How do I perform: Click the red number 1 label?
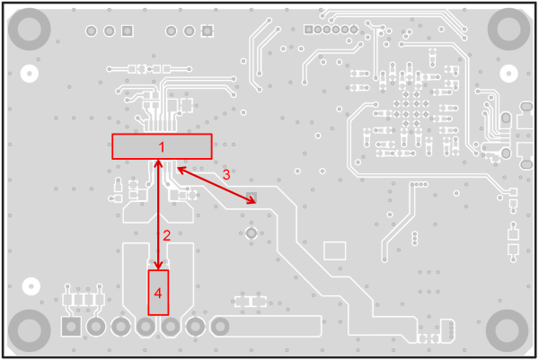tap(162, 145)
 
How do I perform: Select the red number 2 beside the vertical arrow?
tap(167, 235)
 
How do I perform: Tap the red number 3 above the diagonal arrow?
tap(226, 175)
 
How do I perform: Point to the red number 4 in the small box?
tap(158, 293)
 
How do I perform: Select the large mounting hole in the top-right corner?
tap(509, 30)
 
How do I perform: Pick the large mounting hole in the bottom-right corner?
tap(509, 329)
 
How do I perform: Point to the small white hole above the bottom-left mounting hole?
tap(30, 285)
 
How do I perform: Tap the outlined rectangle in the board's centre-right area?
tap(334, 250)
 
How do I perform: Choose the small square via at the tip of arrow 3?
tap(252, 197)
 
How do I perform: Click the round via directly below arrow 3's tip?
tap(252, 233)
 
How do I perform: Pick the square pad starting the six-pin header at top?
tap(309, 30)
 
